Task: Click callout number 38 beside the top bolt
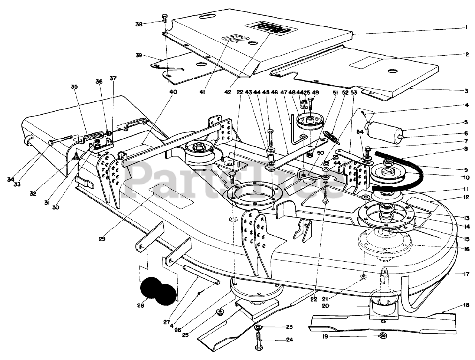[x=139, y=24]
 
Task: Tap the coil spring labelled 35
[x=93, y=137]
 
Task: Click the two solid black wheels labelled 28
[x=158, y=291]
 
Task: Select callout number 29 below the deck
[x=102, y=239]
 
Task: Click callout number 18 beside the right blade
[x=466, y=305]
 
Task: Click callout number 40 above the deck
[x=173, y=92]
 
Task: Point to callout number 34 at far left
[x=10, y=179]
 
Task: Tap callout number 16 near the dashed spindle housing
[x=467, y=249]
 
